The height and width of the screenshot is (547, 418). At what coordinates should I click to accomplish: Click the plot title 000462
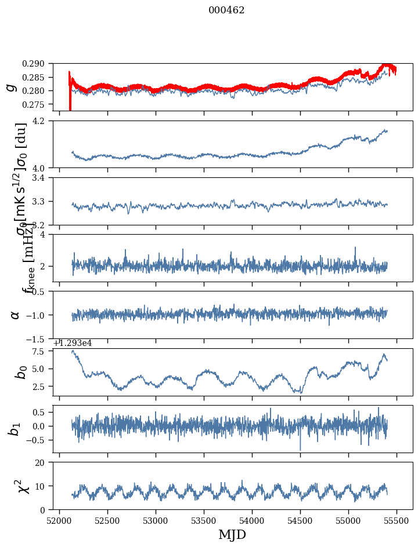click(x=226, y=10)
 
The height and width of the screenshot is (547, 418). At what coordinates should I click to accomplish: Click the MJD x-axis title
click(x=232, y=535)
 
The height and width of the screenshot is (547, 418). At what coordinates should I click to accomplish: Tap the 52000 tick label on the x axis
click(x=60, y=521)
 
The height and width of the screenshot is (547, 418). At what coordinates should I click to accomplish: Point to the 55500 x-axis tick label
click(x=397, y=521)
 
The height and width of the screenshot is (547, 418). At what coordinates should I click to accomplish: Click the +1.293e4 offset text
click(x=73, y=343)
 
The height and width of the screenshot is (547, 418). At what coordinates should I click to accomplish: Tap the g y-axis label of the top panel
click(x=10, y=87)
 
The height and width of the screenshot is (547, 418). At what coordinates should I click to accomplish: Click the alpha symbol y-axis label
click(x=15, y=315)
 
